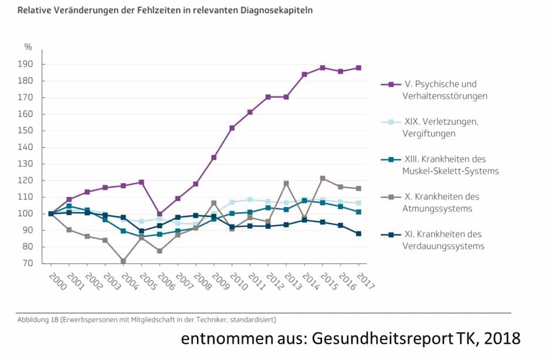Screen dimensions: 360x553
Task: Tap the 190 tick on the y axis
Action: (x=28, y=64)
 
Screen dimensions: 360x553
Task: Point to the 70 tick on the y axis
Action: (x=29, y=263)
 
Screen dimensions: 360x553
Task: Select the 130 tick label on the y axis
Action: (x=28, y=164)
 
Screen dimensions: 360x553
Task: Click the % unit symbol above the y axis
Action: (x=28, y=47)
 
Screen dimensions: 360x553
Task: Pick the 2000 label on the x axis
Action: (x=53, y=278)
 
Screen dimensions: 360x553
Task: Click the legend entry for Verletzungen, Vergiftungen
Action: (x=440, y=127)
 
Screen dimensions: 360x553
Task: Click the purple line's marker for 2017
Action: (x=358, y=68)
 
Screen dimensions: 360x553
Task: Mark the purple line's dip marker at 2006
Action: (x=160, y=215)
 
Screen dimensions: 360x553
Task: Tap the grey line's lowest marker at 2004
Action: (x=123, y=260)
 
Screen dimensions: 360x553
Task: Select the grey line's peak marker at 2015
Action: (x=322, y=178)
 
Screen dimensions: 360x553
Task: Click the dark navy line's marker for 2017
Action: (x=358, y=233)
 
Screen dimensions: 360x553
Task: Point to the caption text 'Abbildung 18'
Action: (x=39, y=320)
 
